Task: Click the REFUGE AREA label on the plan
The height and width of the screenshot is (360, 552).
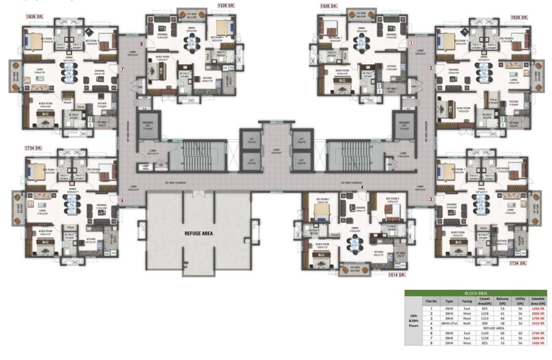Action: (x=193, y=232)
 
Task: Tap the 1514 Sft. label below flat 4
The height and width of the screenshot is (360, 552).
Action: (x=395, y=276)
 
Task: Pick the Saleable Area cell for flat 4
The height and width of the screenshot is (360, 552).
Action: (x=537, y=323)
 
